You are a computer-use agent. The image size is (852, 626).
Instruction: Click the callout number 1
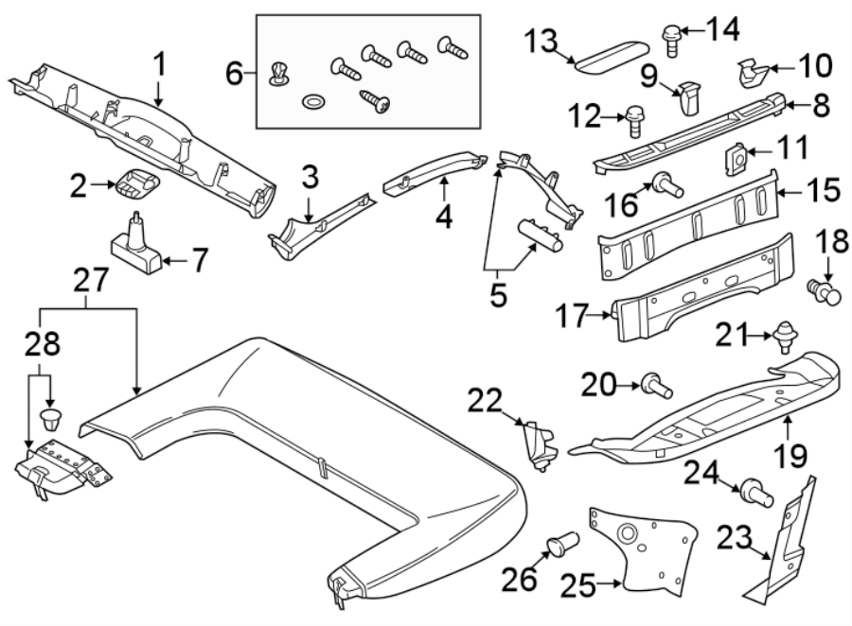(159, 64)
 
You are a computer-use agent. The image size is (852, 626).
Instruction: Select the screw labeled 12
(633, 120)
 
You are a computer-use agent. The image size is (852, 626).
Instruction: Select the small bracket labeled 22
(541, 443)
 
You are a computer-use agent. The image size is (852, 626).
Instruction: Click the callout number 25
(580, 588)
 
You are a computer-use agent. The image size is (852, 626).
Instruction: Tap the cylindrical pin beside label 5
(540, 233)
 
